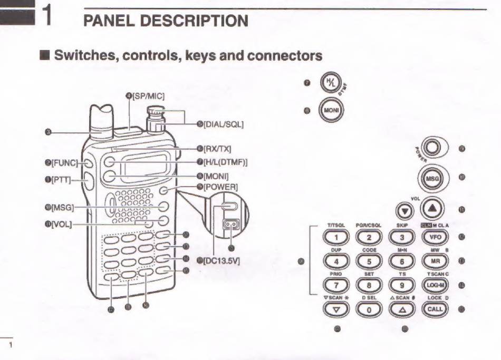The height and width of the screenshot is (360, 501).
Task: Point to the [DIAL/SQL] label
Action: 223,124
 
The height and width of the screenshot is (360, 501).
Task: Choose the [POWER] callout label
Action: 220,187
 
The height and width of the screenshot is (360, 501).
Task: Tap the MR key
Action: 435,261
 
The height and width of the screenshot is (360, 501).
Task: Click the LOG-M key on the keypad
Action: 435,285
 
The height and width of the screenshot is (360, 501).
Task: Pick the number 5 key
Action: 369,261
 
